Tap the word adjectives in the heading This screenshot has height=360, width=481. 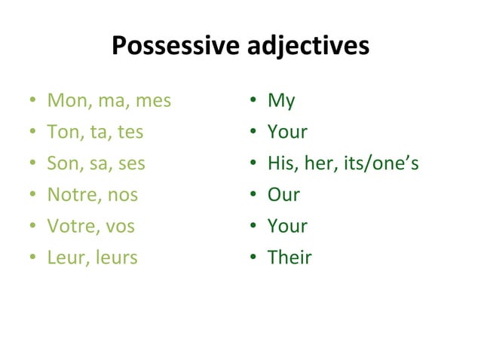point(308,47)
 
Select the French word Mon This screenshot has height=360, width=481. point(64,100)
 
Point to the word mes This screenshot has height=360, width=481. point(152,100)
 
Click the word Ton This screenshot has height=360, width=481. point(63,132)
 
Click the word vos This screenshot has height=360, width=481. point(121,226)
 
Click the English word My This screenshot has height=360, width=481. point(281,100)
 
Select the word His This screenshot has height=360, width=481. point(282,163)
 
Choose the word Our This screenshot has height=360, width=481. point(283,195)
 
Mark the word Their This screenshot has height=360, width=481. point(290,258)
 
